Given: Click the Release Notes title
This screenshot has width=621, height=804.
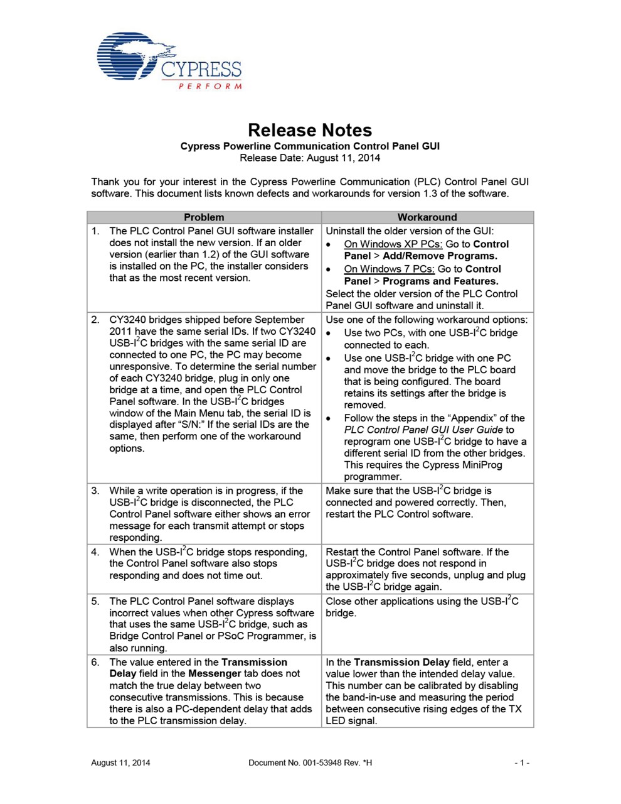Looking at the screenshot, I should pos(310,130).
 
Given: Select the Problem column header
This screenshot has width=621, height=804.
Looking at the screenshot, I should pos(204,217).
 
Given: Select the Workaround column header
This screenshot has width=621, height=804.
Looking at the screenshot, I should pos(427,217).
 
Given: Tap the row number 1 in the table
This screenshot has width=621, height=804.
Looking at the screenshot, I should pos(95,231).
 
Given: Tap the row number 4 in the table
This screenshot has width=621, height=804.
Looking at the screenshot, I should pos(95,552).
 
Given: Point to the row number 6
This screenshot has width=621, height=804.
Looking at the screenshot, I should pos(95,662).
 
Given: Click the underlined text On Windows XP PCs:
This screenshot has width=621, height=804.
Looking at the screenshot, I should pos(393,244).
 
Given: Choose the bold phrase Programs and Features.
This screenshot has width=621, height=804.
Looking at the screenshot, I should pos(440,281).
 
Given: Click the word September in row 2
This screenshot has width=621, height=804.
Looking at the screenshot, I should pos(280,320).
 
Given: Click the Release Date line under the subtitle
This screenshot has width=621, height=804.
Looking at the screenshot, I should pos(310,158).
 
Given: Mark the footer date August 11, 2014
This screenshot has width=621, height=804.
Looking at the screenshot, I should pos(120,763).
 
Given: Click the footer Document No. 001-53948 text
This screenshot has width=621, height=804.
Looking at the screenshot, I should pos(310,763).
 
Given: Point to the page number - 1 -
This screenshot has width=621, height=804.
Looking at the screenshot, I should pos(522,763).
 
